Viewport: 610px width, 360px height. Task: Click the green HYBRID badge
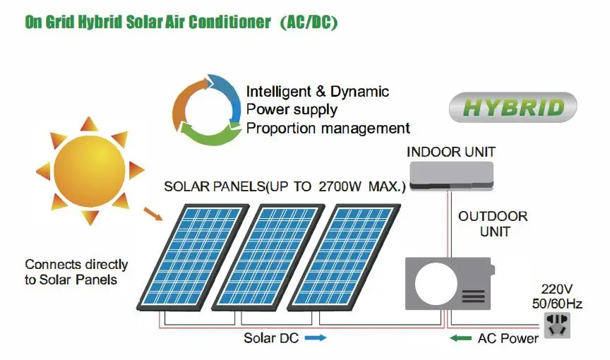pos(513,107)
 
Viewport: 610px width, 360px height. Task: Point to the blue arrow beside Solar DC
pos(316,338)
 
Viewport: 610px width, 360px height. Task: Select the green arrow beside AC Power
pos(461,338)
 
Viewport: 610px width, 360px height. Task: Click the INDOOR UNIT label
pos(451,152)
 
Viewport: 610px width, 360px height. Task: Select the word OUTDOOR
pos(493,217)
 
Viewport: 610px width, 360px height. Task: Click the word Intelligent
pos(276,92)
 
